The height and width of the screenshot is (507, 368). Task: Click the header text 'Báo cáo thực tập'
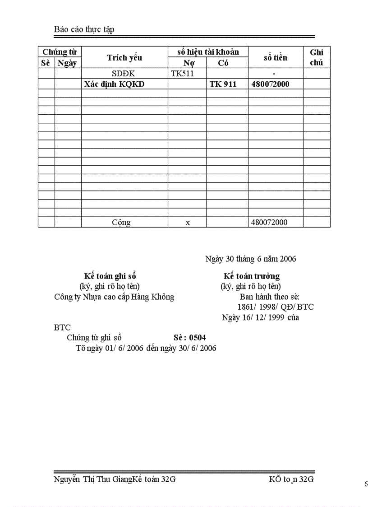tap(84, 30)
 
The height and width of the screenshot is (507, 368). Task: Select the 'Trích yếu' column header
tap(124, 57)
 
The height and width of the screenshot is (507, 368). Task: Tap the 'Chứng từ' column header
tap(59, 52)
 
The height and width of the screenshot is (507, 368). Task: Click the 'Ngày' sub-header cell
tap(67, 63)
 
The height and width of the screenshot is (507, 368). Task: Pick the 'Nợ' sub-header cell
tap(189, 63)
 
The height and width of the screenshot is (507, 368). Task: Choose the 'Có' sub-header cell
tap(223, 63)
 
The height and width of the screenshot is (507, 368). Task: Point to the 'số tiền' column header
tap(275, 57)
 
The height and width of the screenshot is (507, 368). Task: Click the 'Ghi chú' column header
tap(317, 57)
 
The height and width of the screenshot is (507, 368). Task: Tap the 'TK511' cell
tap(182, 74)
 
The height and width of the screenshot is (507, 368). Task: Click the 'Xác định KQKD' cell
tap(115, 84)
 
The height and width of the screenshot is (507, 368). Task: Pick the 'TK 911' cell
tap(223, 84)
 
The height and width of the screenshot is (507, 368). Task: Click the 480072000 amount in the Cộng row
tap(269, 222)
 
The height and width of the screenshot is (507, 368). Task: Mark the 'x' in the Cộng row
tap(188, 222)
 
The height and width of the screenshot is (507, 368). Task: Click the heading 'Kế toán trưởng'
tap(251, 276)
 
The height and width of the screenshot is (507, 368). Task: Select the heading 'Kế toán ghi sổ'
tap(110, 276)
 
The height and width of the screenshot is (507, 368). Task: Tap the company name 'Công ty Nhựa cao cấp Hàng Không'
tap(114, 297)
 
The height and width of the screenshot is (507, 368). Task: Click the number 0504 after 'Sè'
tap(198, 337)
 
